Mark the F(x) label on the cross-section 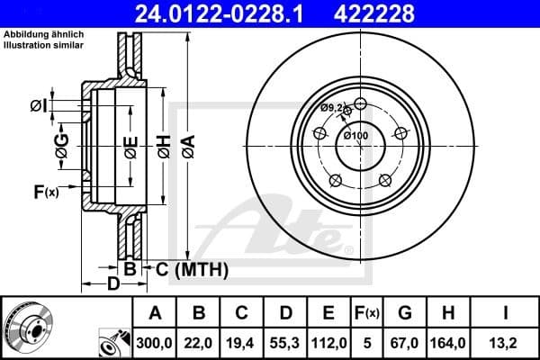pyautogui.click(x=45, y=191)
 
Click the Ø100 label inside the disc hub pyautogui.click(x=357, y=136)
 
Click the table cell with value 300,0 pyautogui.click(x=155, y=342)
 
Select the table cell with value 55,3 pyautogui.click(x=285, y=342)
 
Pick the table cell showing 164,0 pyautogui.click(x=447, y=342)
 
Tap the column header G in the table pyautogui.click(x=404, y=313)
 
